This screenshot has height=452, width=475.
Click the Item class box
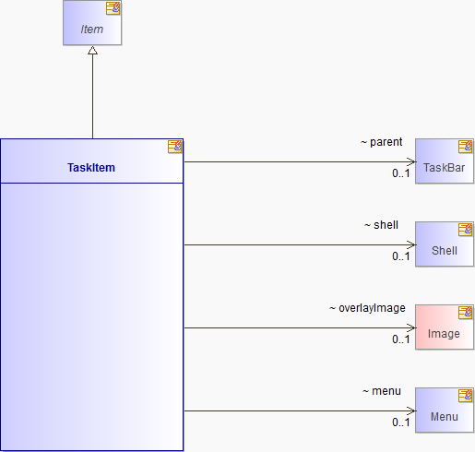[92, 23]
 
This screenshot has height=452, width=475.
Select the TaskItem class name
[91, 168]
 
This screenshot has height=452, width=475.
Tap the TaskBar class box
[445, 161]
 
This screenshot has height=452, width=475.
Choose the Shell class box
[445, 244]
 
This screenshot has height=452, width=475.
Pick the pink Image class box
[445, 327]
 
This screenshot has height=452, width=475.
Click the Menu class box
[445, 410]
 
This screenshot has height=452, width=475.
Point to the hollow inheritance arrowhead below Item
[92, 51]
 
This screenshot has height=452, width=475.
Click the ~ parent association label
[381, 142]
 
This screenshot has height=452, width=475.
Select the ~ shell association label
[381, 225]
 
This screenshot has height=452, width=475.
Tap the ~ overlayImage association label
[367, 308]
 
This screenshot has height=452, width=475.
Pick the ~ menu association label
[382, 391]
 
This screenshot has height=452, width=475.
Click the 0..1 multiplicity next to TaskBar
[401, 173]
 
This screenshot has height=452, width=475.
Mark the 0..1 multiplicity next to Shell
[401, 256]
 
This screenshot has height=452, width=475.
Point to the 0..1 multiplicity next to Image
[401, 339]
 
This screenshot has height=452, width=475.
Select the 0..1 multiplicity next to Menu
[401, 422]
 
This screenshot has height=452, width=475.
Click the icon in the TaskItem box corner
[174, 147]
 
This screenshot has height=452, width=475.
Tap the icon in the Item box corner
[113, 8]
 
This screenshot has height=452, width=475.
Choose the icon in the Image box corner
[465, 313]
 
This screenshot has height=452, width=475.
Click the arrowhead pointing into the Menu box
[411, 410]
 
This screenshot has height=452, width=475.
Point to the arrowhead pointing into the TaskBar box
[411, 161]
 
